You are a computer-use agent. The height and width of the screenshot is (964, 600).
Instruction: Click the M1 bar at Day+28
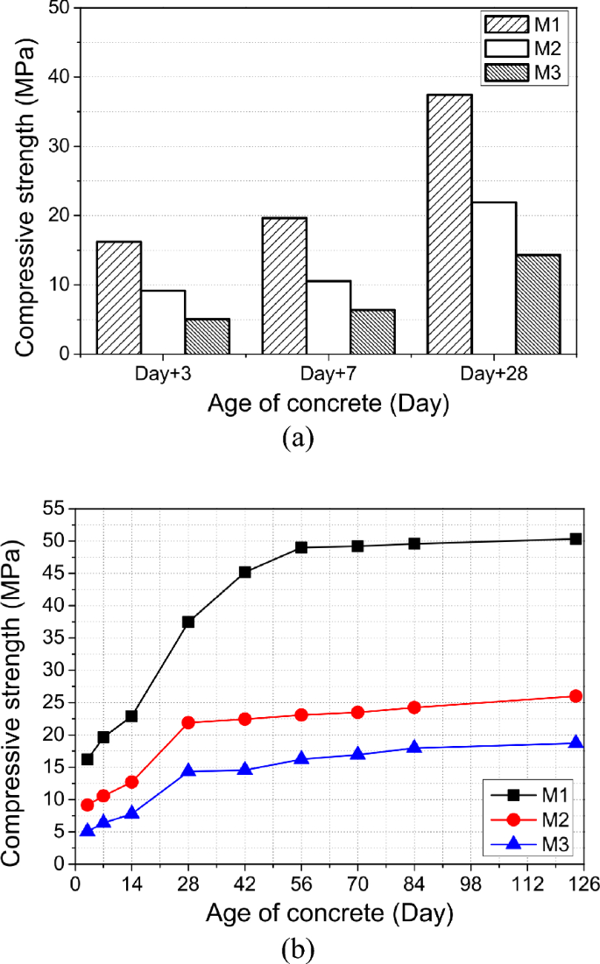click(449, 224)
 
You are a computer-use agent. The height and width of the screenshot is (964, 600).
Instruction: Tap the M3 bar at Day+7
click(372, 332)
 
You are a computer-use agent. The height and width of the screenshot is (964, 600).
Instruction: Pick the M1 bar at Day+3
click(118, 298)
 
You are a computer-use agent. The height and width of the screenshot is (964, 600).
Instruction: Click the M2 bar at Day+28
click(494, 278)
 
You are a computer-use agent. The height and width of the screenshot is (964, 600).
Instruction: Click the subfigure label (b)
click(299, 948)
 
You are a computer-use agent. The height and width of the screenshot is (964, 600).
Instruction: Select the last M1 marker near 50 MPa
click(575, 538)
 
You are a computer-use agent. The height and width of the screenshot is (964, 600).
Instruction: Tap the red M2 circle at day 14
click(131, 782)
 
